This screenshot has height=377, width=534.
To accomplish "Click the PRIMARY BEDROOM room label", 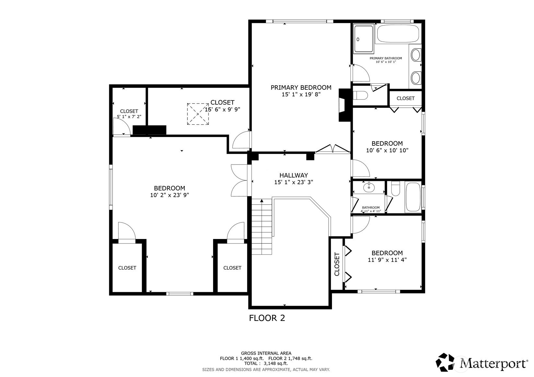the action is [x=301, y=88].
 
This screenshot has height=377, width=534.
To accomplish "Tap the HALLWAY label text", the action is [x=293, y=175].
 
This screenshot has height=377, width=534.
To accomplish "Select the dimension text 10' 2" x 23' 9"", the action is [x=170, y=195].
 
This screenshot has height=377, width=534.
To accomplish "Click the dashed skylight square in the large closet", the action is [x=198, y=114].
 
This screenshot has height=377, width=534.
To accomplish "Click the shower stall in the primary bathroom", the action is [x=363, y=39].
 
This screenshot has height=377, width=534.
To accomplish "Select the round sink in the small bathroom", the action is [x=369, y=188].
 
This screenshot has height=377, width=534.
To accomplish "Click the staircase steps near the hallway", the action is [x=262, y=227].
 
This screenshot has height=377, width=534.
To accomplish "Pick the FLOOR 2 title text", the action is [x=267, y=318].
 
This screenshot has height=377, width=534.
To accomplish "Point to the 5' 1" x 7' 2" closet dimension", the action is [x=129, y=117].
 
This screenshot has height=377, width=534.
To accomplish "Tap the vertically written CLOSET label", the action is [x=337, y=264].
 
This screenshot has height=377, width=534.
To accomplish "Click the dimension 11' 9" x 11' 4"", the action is [x=387, y=259].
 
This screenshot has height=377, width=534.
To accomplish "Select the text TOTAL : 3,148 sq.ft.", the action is [x=266, y=363].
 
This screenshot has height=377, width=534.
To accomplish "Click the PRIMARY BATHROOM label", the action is [x=386, y=58].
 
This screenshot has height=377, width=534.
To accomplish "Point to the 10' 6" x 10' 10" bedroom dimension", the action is [x=387, y=150].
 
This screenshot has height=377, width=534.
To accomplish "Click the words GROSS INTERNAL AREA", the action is [x=266, y=353].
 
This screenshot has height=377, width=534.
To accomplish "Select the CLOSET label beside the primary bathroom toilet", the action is [x=406, y=98].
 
